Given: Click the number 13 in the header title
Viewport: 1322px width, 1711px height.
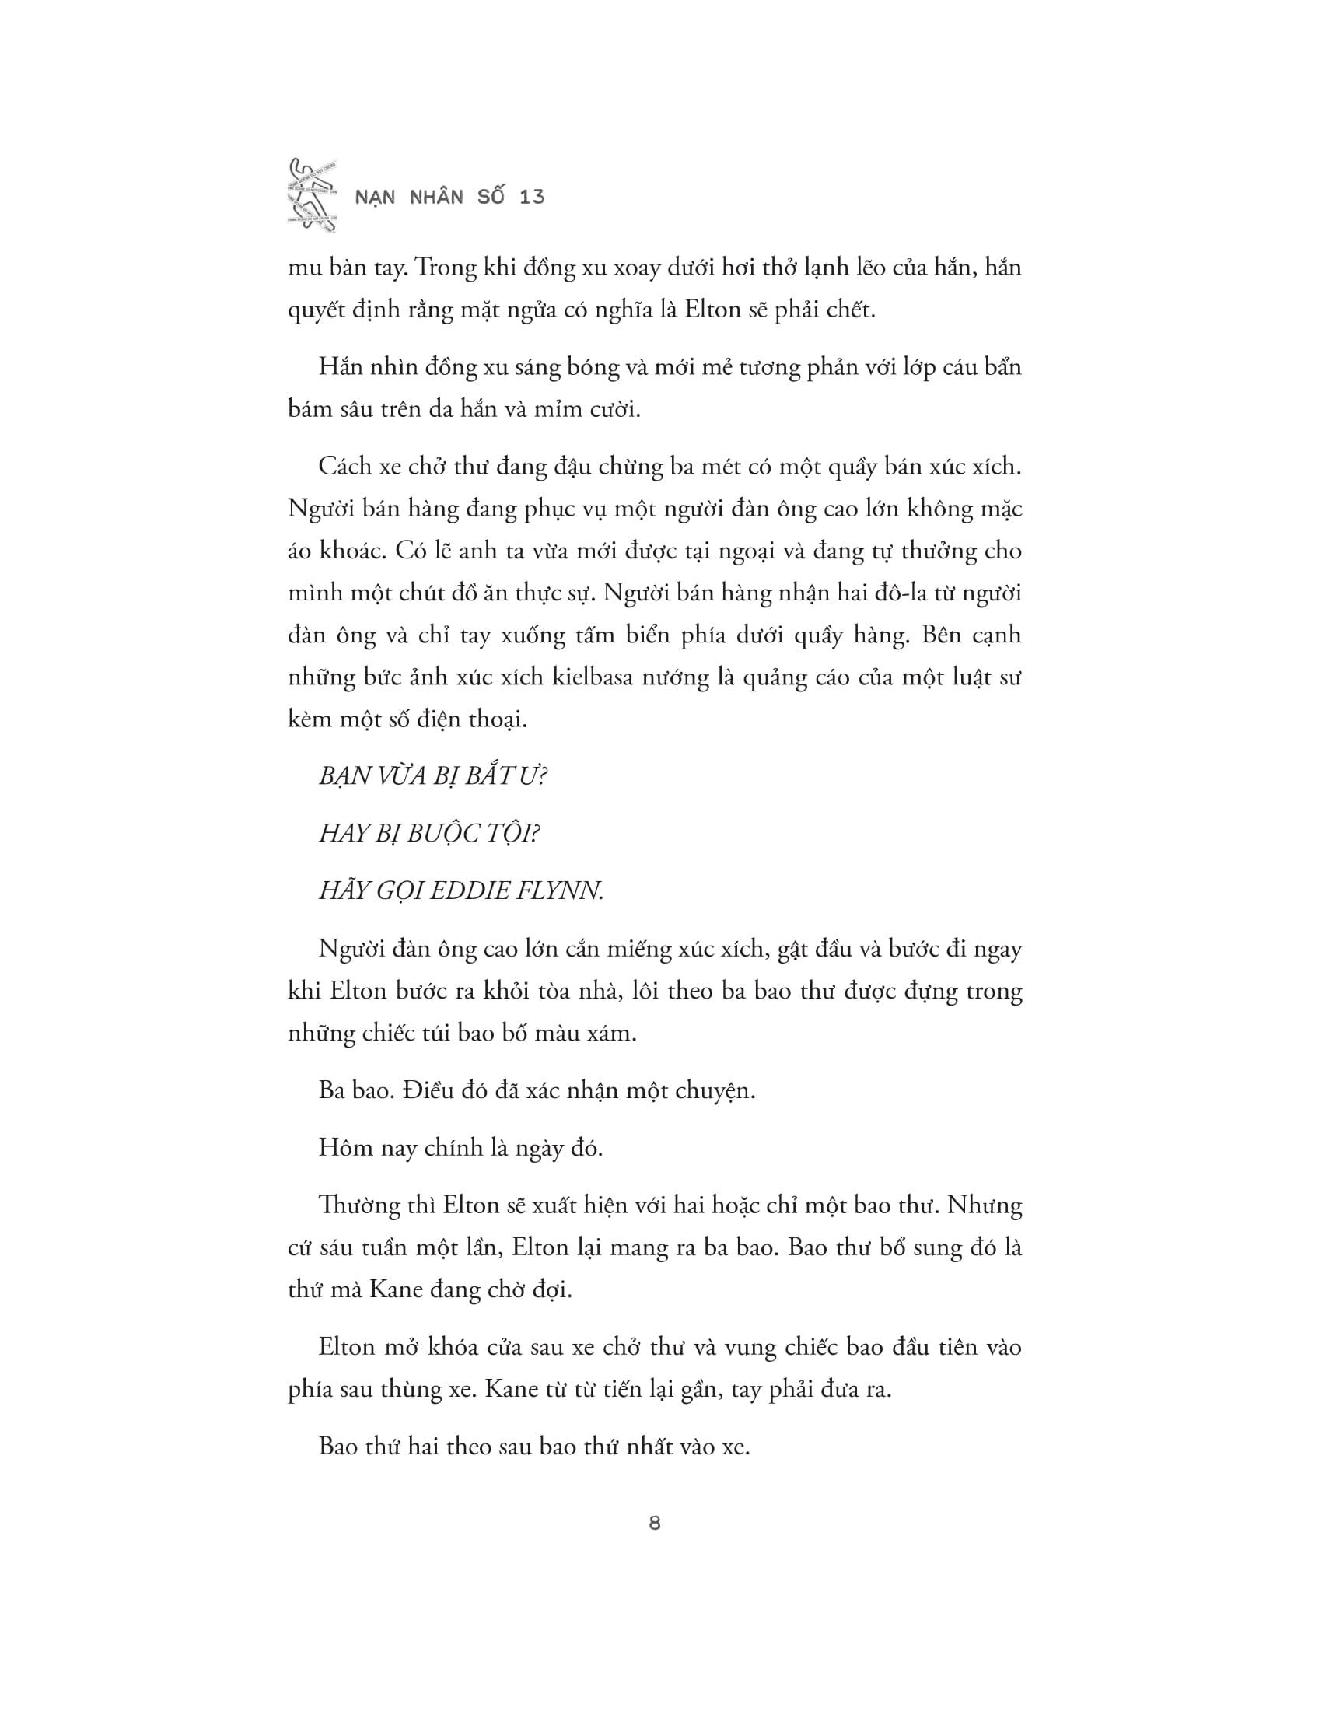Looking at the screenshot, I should [x=532, y=197].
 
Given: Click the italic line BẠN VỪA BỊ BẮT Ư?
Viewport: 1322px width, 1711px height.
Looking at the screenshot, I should [x=433, y=776].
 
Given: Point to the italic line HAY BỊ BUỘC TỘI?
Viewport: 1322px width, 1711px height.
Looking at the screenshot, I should [x=429, y=834].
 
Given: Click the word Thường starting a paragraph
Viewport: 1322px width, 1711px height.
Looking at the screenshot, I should [x=355, y=1205].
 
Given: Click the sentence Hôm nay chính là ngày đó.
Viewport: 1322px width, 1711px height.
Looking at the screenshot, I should [x=460, y=1148].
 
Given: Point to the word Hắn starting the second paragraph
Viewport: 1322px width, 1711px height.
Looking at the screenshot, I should [x=338, y=366].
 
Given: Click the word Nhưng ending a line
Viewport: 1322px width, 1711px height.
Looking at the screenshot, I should [x=985, y=1205].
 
